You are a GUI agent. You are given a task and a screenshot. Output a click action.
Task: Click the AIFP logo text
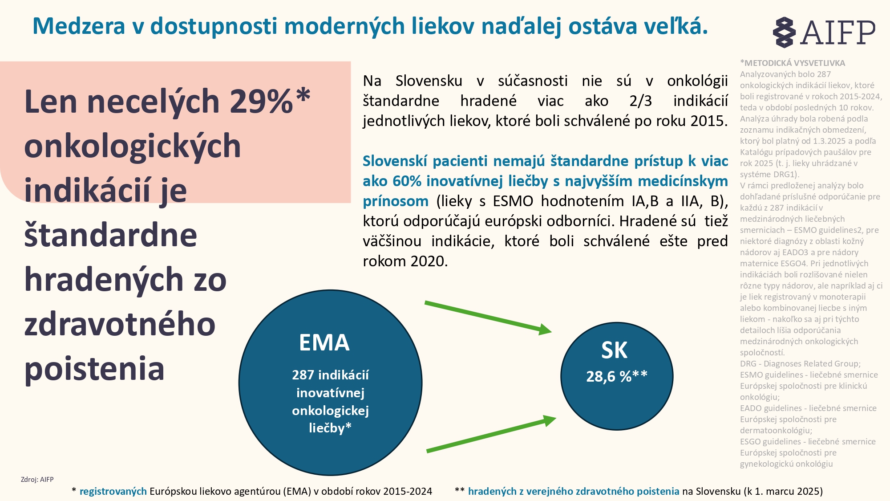pyautogui.click(x=837, y=32)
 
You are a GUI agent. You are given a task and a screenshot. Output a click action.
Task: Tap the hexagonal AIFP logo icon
pyautogui.click(x=784, y=32)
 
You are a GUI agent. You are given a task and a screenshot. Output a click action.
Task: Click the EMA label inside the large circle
pyautogui.click(x=324, y=342)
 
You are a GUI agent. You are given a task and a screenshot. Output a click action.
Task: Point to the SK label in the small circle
pyautogui.click(x=614, y=350)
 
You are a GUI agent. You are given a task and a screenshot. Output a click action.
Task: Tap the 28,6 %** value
pyautogui.click(x=617, y=376)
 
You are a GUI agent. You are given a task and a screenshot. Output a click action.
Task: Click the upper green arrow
pyautogui.click(x=487, y=317)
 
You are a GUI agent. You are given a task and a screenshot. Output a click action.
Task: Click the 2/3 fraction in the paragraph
pyautogui.click(x=640, y=101)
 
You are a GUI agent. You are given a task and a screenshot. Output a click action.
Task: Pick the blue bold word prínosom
pyautogui.click(x=395, y=201)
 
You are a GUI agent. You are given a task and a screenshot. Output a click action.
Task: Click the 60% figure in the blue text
pyautogui.click(x=407, y=181)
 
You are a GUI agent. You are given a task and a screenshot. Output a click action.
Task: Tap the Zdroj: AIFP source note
pyautogui.click(x=37, y=480)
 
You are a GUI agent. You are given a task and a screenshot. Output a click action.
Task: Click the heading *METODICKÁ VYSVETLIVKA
pyautogui.click(x=793, y=63)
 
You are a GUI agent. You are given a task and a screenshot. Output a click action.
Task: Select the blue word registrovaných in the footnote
pyautogui.click(x=113, y=491)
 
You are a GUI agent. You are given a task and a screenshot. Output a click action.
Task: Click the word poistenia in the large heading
pyautogui.click(x=94, y=369)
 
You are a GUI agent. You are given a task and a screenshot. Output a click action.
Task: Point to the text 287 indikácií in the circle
pyautogui.click(x=330, y=375)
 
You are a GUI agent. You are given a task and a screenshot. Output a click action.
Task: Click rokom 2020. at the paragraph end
pyautogui.click(x=405, y=261)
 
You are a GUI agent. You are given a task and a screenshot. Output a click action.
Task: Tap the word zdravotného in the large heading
pyautogui.click(x=120, y=324)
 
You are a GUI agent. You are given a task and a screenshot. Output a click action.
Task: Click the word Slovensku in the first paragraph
pyautogui.click(x=429, y=81)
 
